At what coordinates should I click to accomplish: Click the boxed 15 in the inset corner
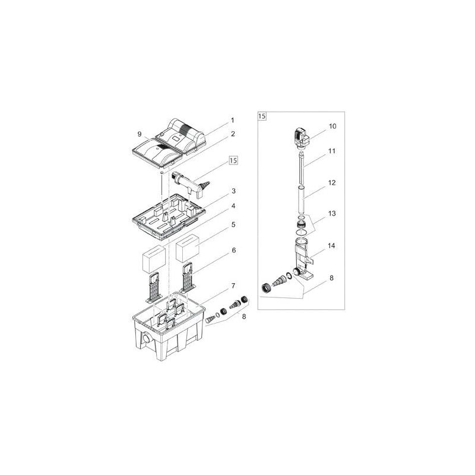262,116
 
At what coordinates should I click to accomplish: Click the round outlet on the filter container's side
145,340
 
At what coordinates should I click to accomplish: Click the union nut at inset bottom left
267,289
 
